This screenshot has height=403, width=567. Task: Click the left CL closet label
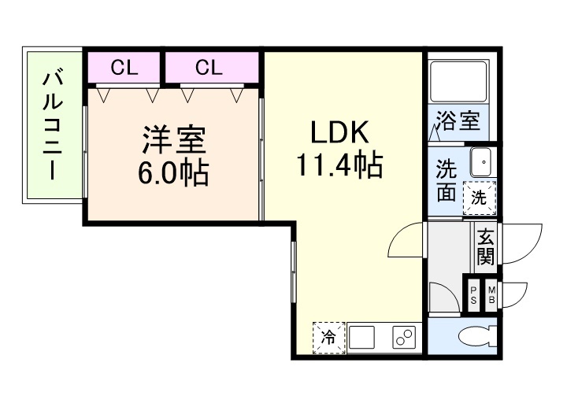(x=124, y=68)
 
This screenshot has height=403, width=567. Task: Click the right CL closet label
(x=209, y=68)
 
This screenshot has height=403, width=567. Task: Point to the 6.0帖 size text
(x=173, y=172)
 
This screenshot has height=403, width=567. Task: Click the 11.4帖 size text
(x=339, y=166)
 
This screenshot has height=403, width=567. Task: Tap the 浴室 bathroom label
(x=458, y=122)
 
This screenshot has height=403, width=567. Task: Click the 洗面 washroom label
(x=447, y=181)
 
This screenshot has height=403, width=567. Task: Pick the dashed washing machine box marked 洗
(x=480, y=198)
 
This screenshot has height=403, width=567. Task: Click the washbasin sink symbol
(x=480, y=162)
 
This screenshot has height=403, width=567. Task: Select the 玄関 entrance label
(x=485, y=246)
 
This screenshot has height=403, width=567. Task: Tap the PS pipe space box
(x=473, y=294)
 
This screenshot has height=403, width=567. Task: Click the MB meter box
(x=491, y=294)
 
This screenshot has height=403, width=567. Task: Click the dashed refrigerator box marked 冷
(x=328, y=338)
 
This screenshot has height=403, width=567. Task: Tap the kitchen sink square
(x=361, y=338)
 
